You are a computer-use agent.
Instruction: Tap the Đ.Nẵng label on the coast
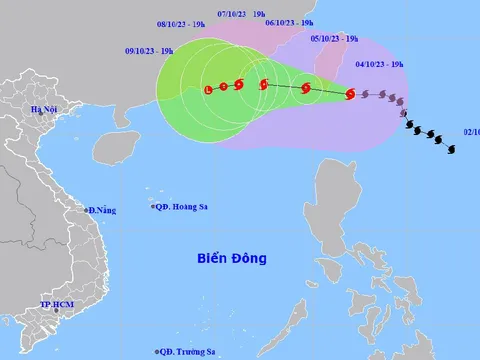click(x=102, y=210)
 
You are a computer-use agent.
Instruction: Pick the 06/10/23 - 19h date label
click(x=289, y=22)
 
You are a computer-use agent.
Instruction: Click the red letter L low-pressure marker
click(x=207, y=90)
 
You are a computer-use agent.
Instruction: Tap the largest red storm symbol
click(x=349, y=95)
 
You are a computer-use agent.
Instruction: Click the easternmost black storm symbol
click(x=452, y=149)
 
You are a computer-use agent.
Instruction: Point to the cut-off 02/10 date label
click(x=471, y=130)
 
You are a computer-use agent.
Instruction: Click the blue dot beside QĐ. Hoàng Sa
click(x=153, y=207)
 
